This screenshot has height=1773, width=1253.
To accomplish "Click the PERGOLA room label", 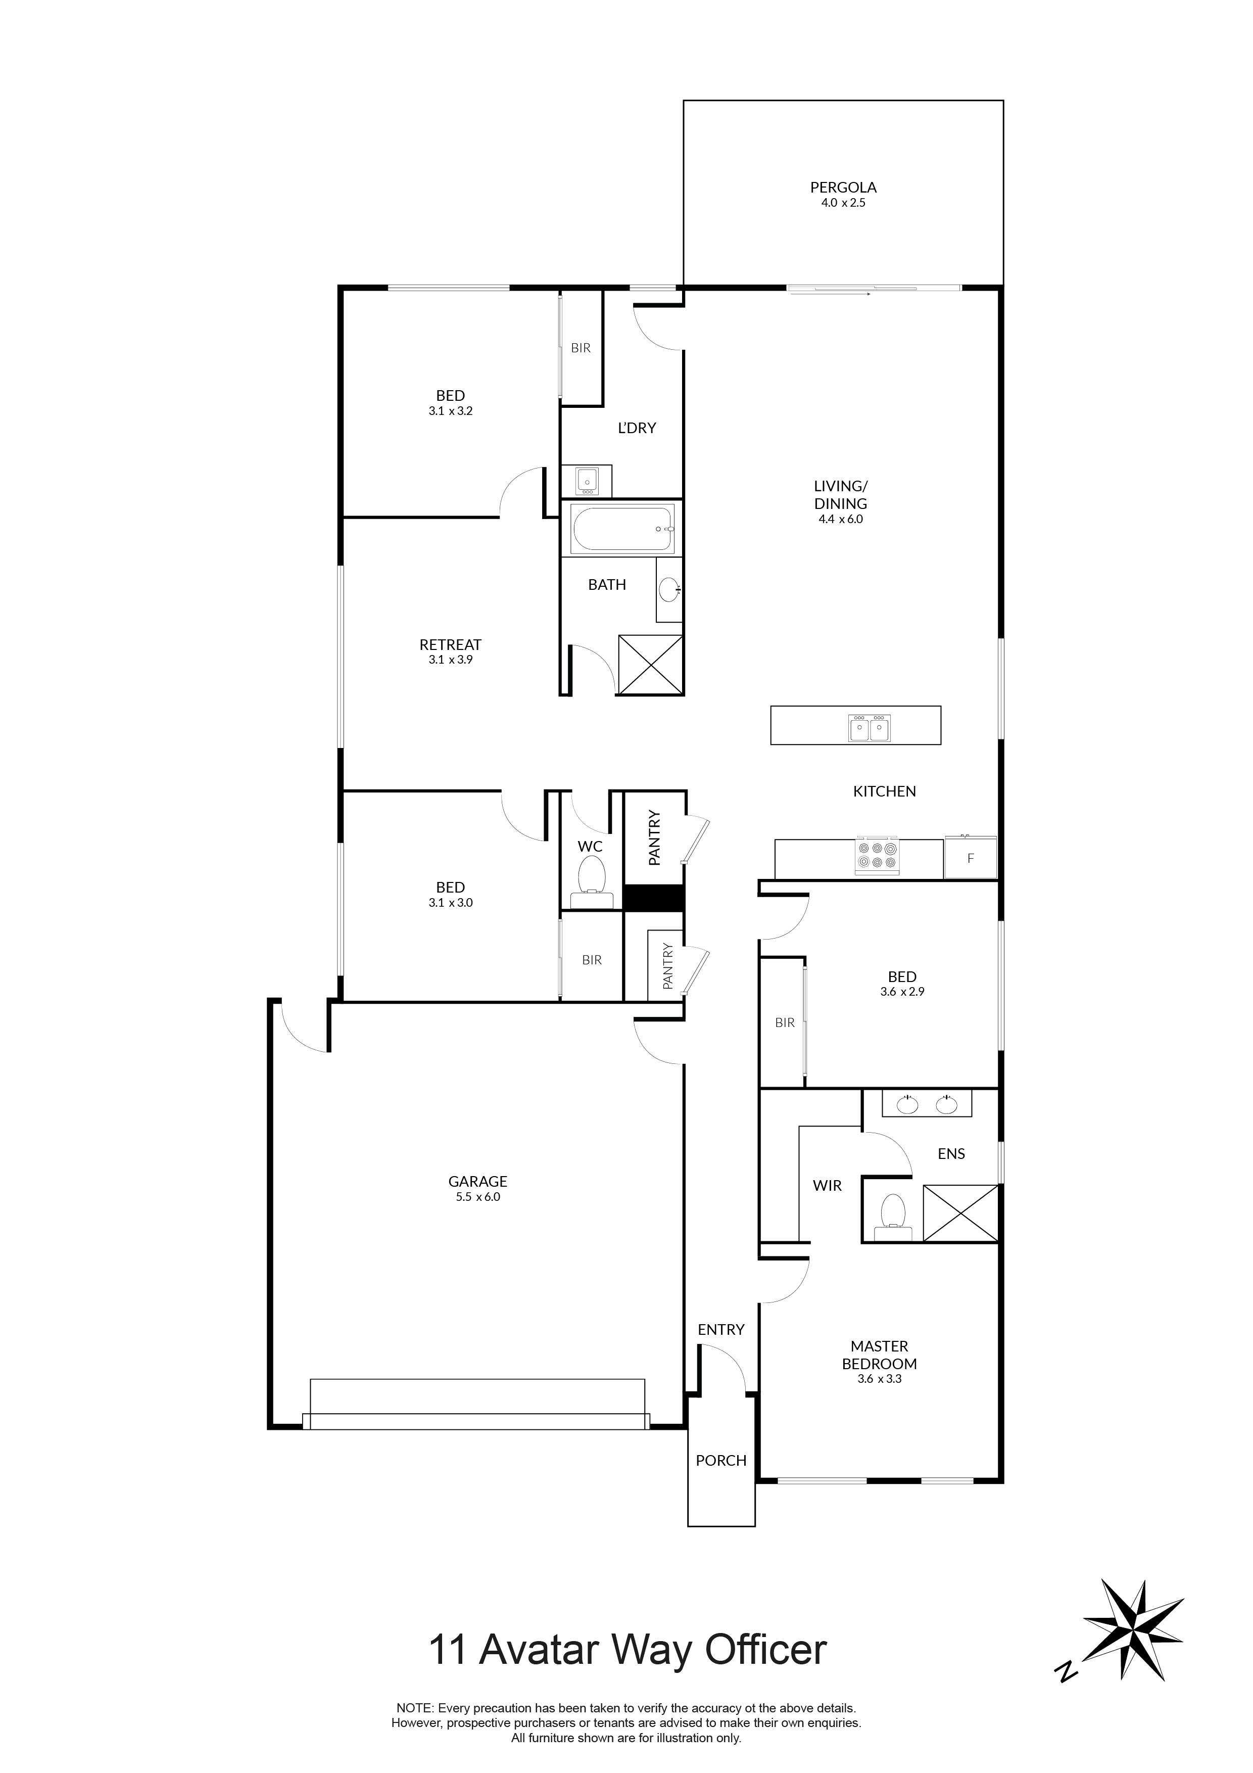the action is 843,187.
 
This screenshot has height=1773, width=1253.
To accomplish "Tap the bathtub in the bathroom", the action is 622,529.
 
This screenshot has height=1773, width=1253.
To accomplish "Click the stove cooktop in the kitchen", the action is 877,856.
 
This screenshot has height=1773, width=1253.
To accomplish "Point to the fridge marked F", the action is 971,858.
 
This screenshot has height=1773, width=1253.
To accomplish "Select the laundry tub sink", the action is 587,481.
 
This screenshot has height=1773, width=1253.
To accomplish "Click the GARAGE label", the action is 478,1181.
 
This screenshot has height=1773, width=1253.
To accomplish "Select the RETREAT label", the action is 450,644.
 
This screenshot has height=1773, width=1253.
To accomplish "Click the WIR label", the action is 827,1185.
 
